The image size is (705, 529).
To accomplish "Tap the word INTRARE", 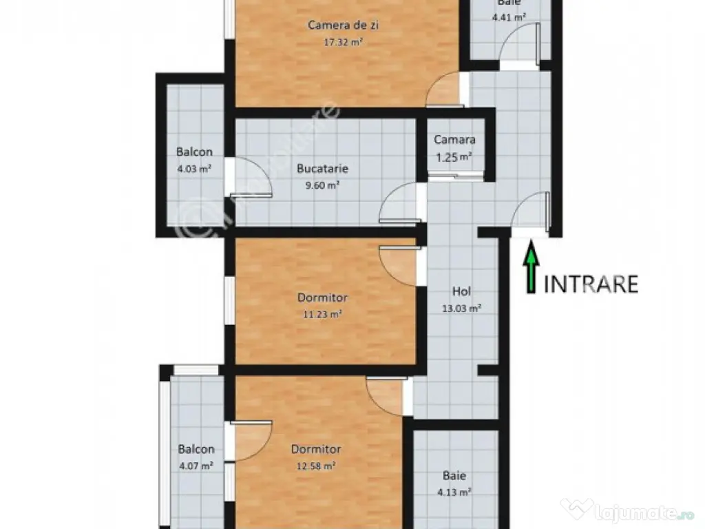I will [591, 284].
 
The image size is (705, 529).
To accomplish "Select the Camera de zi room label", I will [344, 25].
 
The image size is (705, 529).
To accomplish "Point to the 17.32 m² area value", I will [344, 41].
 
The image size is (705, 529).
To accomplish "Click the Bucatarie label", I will [322, 168].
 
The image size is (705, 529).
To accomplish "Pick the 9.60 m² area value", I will [322, 184].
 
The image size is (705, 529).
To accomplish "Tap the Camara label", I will [454, 140].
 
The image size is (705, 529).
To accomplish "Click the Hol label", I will [461, 291].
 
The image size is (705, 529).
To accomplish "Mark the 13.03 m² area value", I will [461, 308].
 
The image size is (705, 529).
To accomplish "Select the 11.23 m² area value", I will [323, 314].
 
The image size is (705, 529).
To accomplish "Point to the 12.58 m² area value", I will [316, 466].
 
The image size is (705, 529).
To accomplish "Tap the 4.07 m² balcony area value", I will [196, 466].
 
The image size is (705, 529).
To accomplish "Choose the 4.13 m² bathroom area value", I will [454, 492].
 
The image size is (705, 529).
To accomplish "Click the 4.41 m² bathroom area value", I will [509, 17].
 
